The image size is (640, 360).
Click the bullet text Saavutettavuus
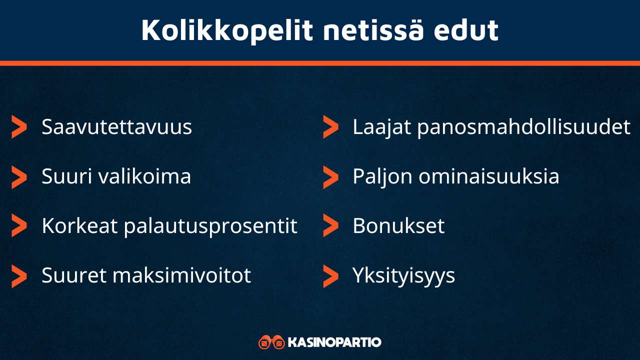pyautogui.click(x=116, y=127)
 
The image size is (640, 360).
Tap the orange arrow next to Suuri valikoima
pyautogui.click(x=19, y=177)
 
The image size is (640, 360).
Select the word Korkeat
pyautogui.click(x=79, y=226)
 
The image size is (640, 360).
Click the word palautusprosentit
pyautogui.click(x=210, y=226)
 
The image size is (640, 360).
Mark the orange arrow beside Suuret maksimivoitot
pyautogui.click(x=19, y=276)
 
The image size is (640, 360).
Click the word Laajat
pyautogui.click(x=382, y=127)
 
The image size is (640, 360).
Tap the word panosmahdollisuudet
pyautogui.click(x=523, y=127)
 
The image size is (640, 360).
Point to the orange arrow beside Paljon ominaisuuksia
pyautogui.click(x=330, y=177)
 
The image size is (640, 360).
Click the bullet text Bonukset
pyautogui.click(x=398, y=226)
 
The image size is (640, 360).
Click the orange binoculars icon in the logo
pyautogui.click(x=271, y=342)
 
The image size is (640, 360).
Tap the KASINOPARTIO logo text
pyautogui.click(x=334, y=342)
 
